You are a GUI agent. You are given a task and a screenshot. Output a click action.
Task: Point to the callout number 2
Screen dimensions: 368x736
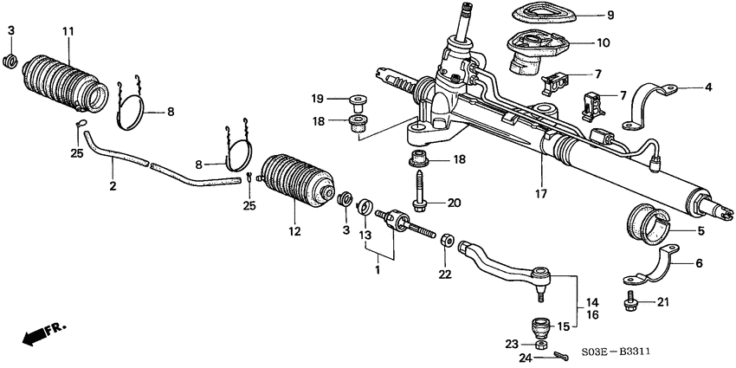click(112, 185)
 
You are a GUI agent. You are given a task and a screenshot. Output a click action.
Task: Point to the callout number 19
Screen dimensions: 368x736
click(318, 99)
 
